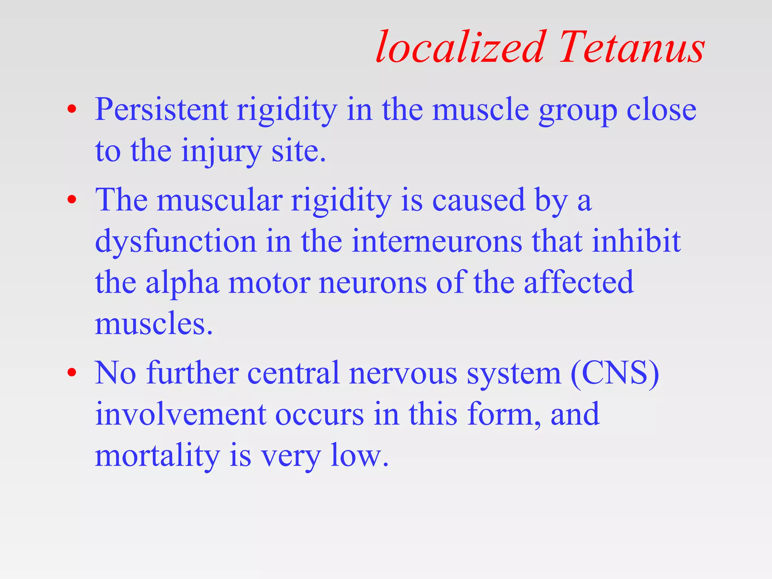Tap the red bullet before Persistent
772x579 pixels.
pos(72,110)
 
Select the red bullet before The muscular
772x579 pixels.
pos(72,200)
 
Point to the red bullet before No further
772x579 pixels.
pos(72,373)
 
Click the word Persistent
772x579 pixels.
pos(161,110)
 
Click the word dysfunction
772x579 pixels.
pos(176,242)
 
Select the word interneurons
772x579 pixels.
pos(437,242)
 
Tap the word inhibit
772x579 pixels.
pos(636,241)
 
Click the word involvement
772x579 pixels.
pos(181,414)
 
